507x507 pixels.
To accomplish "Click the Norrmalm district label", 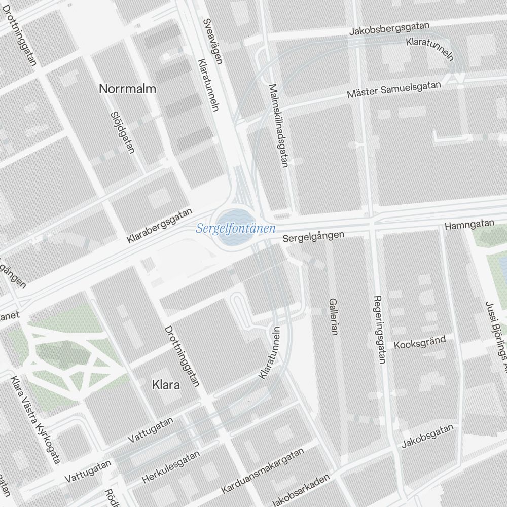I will point(127,89).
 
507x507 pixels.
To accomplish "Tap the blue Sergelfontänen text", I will point(235,229).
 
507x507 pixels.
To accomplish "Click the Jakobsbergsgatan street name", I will point(389,29).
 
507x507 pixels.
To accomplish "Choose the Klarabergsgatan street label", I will point(160,226).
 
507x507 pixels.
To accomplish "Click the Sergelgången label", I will point(313,236).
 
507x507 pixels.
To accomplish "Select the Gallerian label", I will point(333,316).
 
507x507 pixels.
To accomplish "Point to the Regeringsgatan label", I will point(379,330).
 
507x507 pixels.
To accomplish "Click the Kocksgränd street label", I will point(419,342).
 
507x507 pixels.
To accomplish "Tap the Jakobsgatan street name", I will point(427,436).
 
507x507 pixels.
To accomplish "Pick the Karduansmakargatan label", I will point(262,471).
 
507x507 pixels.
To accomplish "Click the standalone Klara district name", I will point(166,385).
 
